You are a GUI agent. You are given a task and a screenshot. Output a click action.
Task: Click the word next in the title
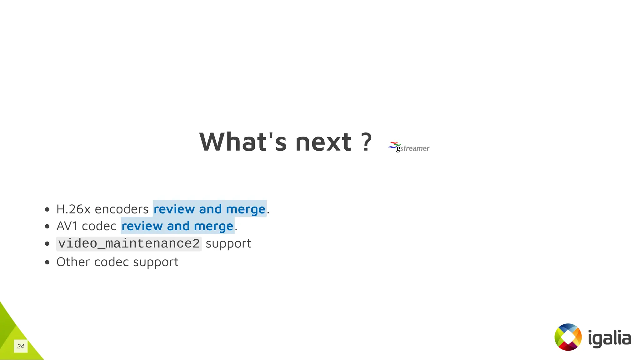tap(323, 142)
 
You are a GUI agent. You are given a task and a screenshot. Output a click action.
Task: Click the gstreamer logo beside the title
tap(409, 147)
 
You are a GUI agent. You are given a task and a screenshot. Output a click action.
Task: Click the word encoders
tap(122, 209)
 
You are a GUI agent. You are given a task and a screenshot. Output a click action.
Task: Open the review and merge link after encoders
tap(209, 209)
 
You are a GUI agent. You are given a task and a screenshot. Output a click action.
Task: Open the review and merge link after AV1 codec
tap(177, 226)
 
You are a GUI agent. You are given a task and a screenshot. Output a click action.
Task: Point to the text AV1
tap(67, 226)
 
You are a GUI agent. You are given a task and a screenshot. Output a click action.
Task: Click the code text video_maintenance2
tap(129, 244)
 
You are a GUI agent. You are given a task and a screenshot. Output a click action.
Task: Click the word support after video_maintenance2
tap(228, 244)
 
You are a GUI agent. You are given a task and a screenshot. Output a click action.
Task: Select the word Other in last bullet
tap(73, 262)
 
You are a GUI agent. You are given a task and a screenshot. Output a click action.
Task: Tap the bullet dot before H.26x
tap(47, 209)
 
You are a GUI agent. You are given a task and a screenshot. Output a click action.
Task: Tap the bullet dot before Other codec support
tap(47, 262)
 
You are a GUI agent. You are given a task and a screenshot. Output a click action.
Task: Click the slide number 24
tap(21, 346)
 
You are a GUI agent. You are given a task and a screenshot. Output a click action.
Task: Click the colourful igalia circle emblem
tap(568, 337)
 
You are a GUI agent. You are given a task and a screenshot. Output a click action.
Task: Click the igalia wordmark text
tap(609, 338)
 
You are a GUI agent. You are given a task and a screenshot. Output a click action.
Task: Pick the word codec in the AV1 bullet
tap(99, 226)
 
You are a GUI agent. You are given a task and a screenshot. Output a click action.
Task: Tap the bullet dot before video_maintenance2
tap(47, 244)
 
